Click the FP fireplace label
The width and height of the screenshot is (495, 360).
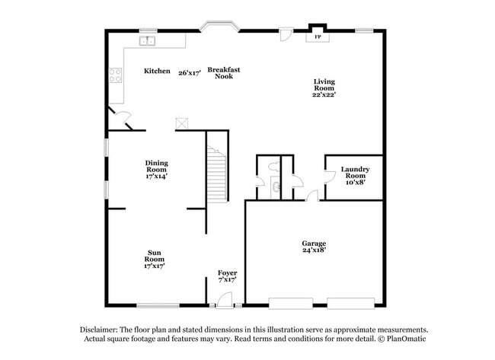pyautogui.click(x=318, y=36)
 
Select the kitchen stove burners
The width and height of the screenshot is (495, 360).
pyautogui.click(x=117, y=75)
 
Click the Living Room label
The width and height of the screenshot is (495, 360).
pyautogui.click(x=324, y=88)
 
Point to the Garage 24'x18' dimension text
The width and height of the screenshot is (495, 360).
pyautogui.click(x=314, y=249)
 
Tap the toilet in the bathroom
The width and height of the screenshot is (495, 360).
pyautogui.click(x=276, y=184)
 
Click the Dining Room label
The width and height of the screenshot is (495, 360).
pyautogui.click(x=157, y=169)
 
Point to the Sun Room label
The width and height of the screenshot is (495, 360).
pyautogui.click(x=155, y=259)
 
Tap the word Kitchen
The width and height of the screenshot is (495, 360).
pyautogui.click(x=158, y=71)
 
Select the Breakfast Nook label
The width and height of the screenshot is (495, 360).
pyautogui.click(x=223, y=73)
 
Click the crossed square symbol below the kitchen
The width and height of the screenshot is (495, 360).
pyautogui.click(x=182, y=123)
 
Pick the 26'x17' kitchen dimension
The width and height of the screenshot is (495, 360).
pyautogui.click(x=189, y=73)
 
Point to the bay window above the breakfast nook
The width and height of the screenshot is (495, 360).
pyautogui.click(x=220, y=28)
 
